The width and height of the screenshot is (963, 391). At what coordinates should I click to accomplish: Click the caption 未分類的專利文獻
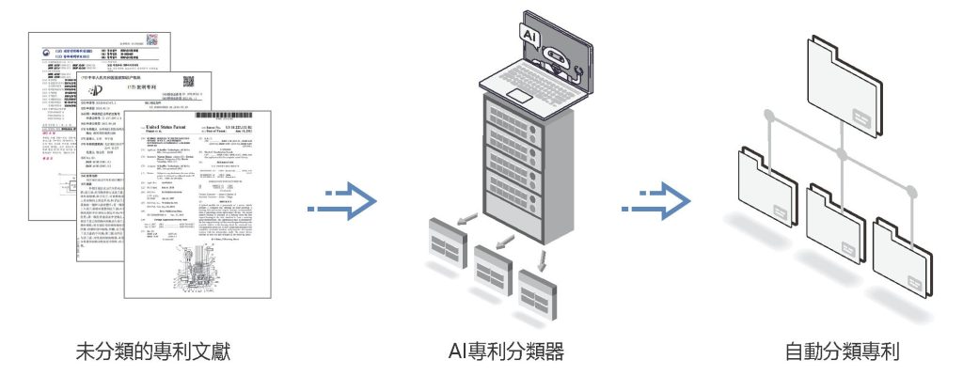[x=152, y=353]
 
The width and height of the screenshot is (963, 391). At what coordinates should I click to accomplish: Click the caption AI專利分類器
[x=506, y=353]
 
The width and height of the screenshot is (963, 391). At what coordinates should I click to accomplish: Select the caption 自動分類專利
[x=843, y=353]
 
